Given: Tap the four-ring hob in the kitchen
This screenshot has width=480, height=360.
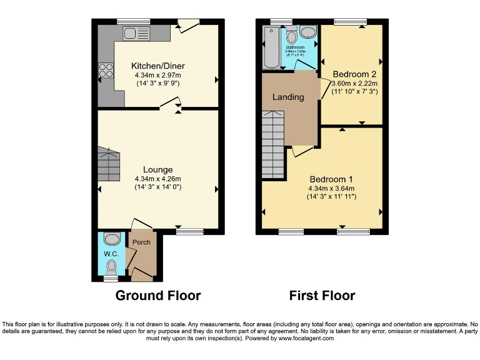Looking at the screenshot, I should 105,72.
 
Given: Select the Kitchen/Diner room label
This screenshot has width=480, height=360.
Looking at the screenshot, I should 157,66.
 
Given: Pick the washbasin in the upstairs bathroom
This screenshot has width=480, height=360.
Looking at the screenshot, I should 307,32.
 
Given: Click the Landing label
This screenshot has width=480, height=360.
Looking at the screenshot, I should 288,97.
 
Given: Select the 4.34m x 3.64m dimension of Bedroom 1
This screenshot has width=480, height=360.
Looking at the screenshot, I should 331,189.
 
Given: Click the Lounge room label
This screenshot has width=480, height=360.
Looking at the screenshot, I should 157,169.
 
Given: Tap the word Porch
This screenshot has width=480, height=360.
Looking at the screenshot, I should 141,242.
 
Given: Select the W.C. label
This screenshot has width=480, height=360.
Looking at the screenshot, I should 111,254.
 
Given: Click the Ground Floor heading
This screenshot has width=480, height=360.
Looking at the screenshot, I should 158,296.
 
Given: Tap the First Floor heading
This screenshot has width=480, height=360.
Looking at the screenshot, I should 322,296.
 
